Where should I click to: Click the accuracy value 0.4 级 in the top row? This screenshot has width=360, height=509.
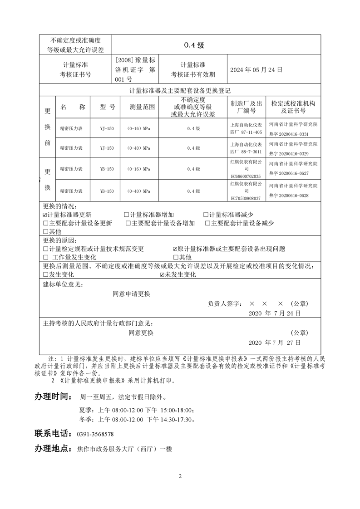pyautogui.click(x=194, y=45)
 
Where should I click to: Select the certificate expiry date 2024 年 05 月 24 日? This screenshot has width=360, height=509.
pyautogui.click(x=256, y=70)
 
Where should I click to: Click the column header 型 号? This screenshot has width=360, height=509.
pyautogui.click(x=107, y=107)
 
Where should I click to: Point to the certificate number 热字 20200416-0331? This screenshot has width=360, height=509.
pyautogui.click(x=289, y=134)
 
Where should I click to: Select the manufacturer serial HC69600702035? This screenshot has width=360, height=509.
pyautogui.click(x=246, y=176)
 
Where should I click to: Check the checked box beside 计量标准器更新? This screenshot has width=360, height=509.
pyautogui.click(x=45, y=215)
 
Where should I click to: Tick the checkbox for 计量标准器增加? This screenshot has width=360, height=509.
pyautogui.click(x=126, y=215)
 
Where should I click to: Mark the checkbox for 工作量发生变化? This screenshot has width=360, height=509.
pyautogui.click(x=45, y=257)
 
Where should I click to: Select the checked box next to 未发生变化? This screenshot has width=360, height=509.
pyautogui.click(x=162, y=274)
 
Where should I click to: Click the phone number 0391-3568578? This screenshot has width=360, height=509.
pyautogui.click(x=95, y=434)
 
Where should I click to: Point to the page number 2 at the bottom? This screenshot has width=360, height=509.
pyautogui.click(x=180, y=476)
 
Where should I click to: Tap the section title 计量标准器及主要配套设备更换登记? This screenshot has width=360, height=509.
pyautogui.click(x=180, y=90)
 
